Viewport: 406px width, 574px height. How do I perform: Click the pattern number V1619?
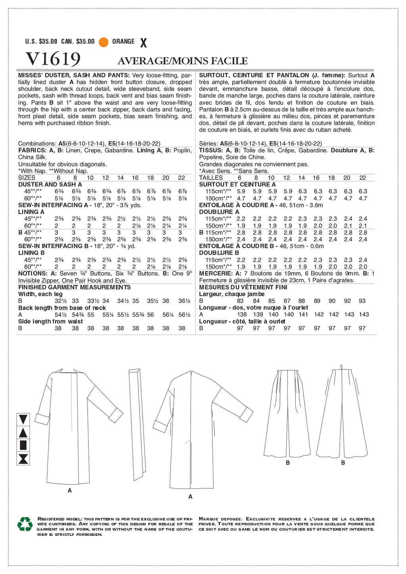[53, 59]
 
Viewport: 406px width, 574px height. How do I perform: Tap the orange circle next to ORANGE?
[103, 42]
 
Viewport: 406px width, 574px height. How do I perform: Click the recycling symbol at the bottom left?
[25, 524]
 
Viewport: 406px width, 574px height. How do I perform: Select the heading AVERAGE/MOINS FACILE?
[182, 61]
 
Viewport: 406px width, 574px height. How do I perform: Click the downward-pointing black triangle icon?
[23, 419]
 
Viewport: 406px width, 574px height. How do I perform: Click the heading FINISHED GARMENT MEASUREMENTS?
[75, 287]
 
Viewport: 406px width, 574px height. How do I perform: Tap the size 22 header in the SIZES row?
[182, 178]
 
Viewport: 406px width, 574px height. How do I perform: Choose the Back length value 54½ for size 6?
[61, 315]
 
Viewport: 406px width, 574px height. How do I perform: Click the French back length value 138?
[241, 315]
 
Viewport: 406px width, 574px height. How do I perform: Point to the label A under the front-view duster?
[70, 490]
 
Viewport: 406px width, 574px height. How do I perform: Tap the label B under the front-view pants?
[288, 463]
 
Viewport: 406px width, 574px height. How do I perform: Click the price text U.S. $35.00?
[41, 42]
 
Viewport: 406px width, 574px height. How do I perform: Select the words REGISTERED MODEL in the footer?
[60, 519]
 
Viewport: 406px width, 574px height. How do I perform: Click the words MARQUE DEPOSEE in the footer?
[220, 519]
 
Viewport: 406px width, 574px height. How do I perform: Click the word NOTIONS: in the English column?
[33, 274]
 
